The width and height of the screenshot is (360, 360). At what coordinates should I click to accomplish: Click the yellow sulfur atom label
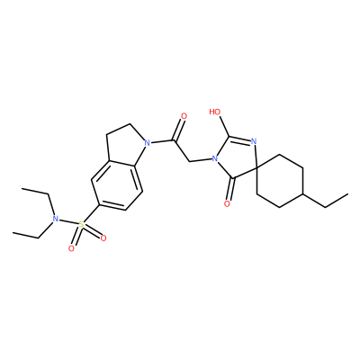[x=81, y=224]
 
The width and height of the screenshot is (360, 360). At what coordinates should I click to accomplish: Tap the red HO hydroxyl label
[x=215, y=112]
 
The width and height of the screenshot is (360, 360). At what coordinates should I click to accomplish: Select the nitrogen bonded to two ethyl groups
[x=55, y=219]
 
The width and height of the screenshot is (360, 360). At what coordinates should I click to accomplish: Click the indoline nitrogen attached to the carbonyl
[x=147, y=143]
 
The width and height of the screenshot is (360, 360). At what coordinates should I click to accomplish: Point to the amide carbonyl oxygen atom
[x=184, y=116]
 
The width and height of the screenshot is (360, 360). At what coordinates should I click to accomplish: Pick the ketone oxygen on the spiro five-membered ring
[x=227, y=204]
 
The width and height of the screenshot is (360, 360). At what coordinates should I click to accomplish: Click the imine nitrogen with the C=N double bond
[x=254, y=141]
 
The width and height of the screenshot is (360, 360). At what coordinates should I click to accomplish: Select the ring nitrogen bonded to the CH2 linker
[x=214, y=158]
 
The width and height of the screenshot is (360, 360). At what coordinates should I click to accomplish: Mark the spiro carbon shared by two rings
[x=257, y=168]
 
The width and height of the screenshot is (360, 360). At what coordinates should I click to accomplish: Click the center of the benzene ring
[x=117, y=184]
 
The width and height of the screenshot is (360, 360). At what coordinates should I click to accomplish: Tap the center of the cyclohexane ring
[x=280, y=181]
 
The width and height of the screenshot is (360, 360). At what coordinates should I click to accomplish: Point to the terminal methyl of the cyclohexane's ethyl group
[x=347, y=194]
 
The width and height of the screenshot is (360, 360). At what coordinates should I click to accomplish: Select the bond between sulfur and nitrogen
[x=67, y=221]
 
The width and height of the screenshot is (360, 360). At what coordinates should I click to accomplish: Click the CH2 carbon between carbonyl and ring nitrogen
[x=190, y=162]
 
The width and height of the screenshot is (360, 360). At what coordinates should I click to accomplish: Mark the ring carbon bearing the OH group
[x=229, y=137]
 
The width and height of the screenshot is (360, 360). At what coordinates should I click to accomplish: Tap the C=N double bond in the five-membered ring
[x=240, y=139]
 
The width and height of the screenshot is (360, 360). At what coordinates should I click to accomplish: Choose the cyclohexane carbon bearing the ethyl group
[x=302, y=194]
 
